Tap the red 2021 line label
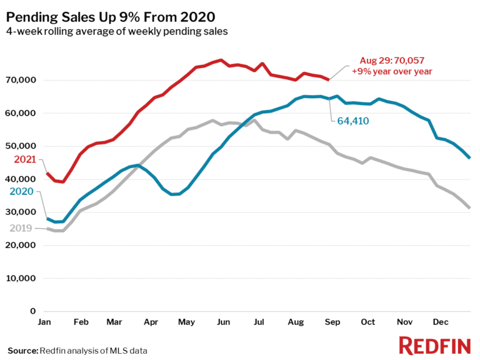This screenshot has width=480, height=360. [x=24, y=159]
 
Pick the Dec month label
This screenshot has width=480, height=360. [x=441, y=322]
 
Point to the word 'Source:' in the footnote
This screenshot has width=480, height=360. [x=22, y=350]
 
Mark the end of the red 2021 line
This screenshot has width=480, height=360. [x=329, y=79]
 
